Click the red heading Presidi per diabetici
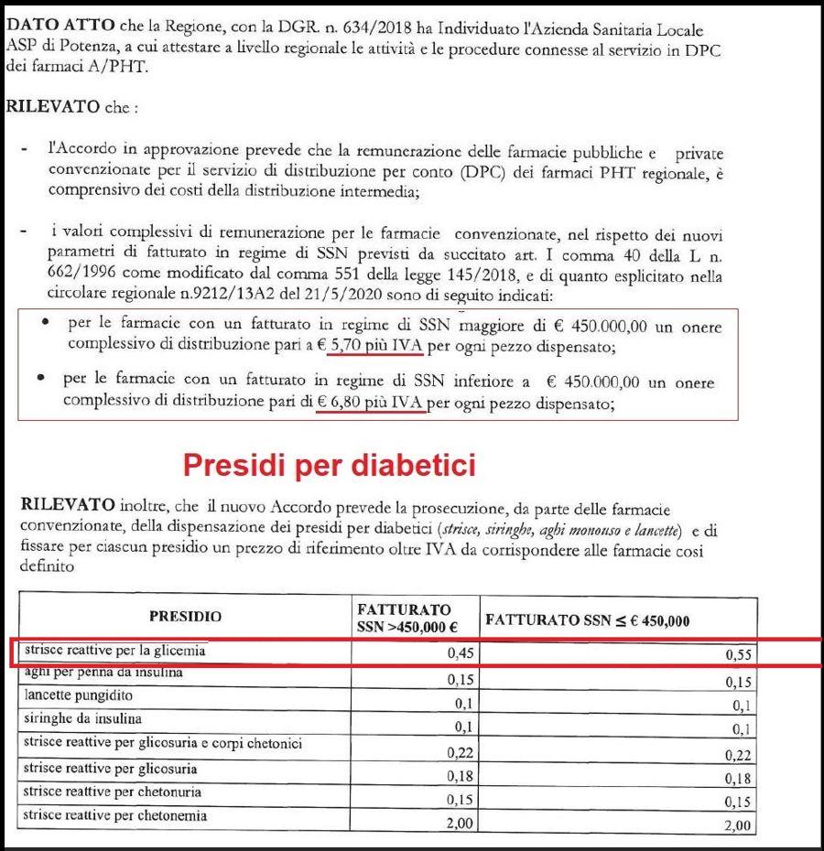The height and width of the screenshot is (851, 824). (330, 465)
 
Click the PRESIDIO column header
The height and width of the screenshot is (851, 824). (185, 617)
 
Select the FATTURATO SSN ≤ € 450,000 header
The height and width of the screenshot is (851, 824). (587, 619)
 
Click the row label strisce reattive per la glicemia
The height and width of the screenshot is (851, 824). (115, 651)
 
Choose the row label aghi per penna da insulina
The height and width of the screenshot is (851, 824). (103, 673)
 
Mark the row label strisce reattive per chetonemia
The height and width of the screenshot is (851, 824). (115, 814)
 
